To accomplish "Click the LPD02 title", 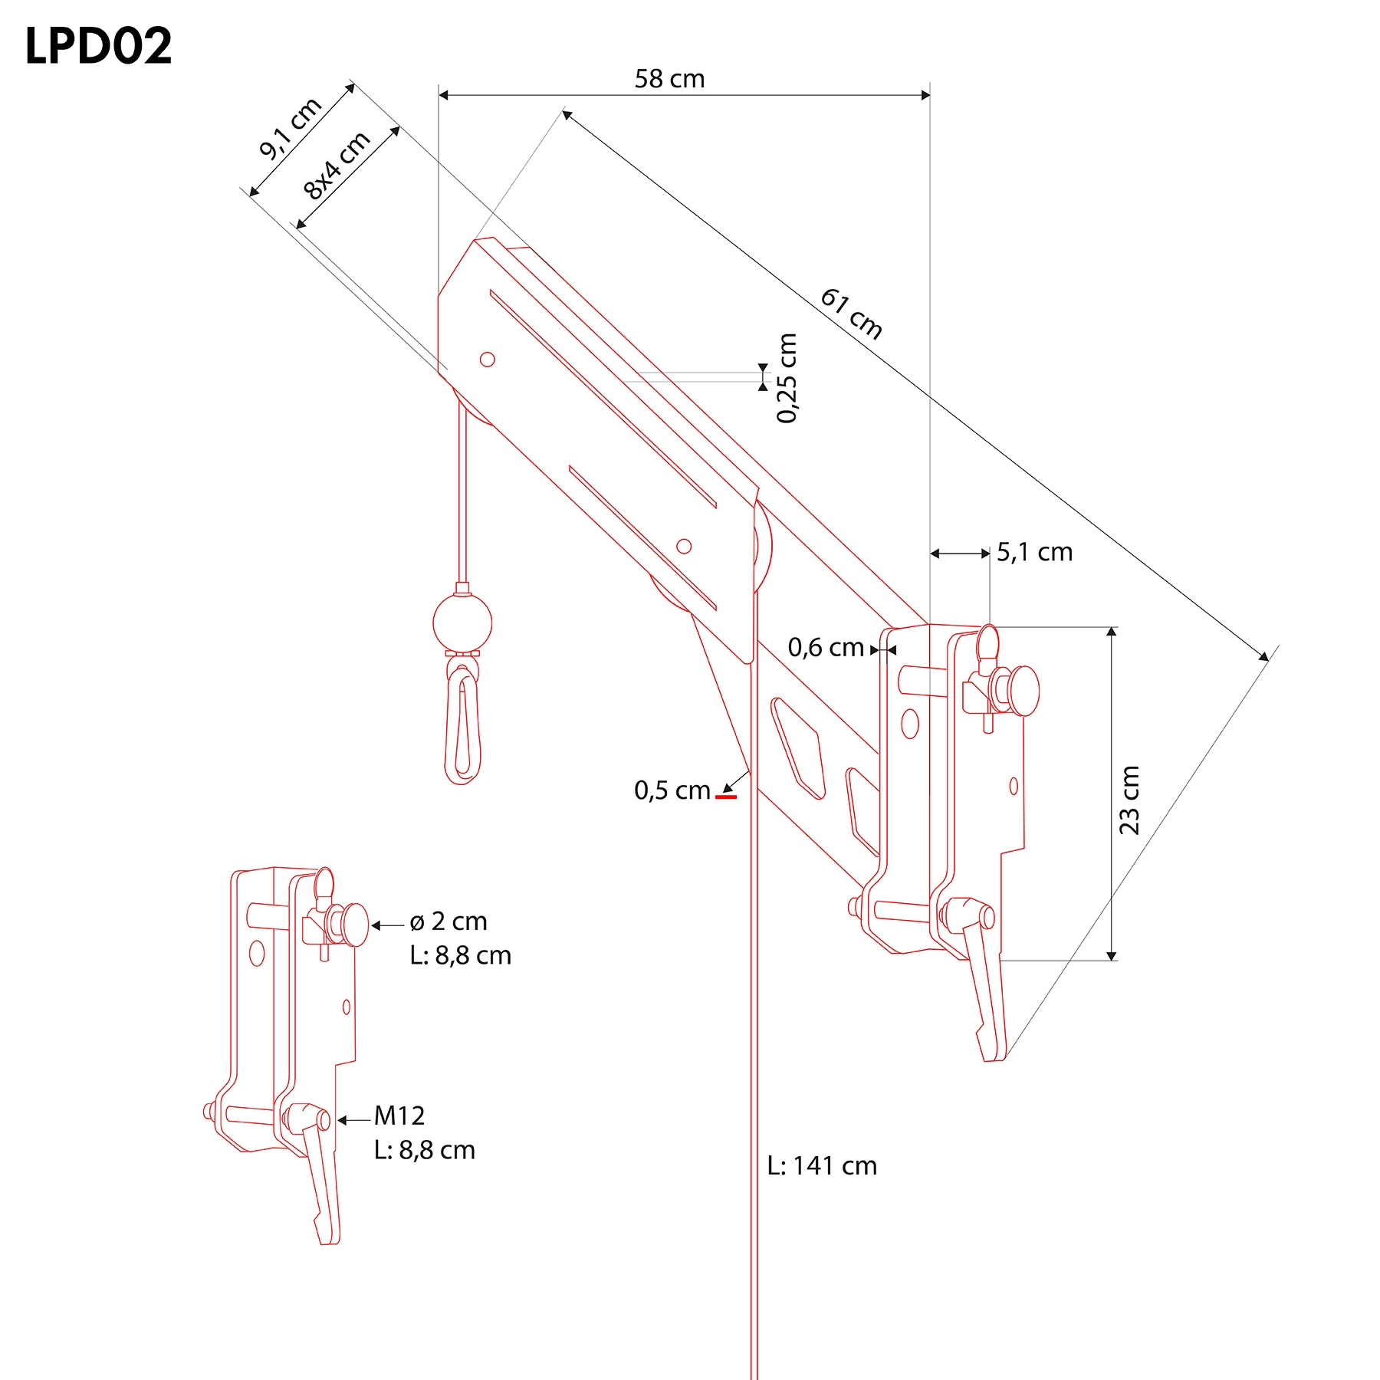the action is click(98, 46).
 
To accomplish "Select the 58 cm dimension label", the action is click(669, 78).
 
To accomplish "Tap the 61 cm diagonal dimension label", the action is click(852, 313).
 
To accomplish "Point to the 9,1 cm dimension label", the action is click(291, 128).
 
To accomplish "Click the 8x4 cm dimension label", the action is click(337, 165).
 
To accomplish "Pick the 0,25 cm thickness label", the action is click(787, 378).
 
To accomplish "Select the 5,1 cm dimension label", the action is click(1034, 552).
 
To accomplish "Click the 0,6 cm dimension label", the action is click(826, 647).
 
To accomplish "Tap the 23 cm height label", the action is click(1129, 800).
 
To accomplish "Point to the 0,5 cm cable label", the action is click(672, 790).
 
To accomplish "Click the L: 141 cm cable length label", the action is click(822, 1165).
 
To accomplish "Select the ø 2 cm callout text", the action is click(449, 921).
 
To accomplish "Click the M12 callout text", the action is click(399, 1115).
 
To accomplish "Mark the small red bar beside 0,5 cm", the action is click(726, 797).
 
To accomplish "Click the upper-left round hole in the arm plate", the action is click(487, 359).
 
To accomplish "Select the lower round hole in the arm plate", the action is click(684, 546).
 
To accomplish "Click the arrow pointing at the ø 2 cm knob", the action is click(388, 925).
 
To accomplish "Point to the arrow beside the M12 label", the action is click(354, 1120).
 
